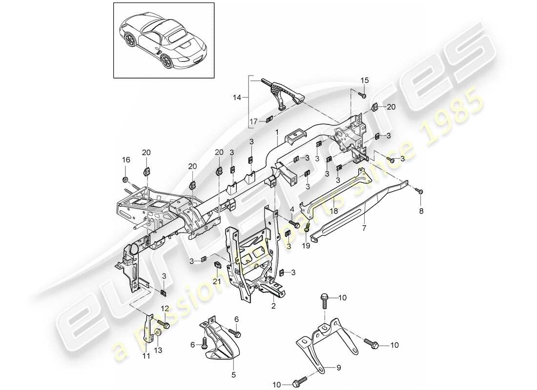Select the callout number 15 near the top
pos(366,80)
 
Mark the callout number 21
pos(217,282)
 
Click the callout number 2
pos(273,306)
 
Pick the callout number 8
pos(422,211)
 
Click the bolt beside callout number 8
pos(420,192)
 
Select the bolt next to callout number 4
pos(296,224)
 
